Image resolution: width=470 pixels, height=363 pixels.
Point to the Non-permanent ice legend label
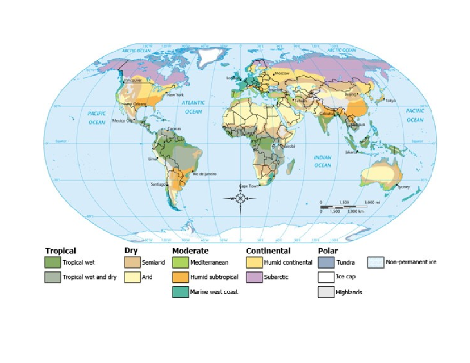[x=411, y=262]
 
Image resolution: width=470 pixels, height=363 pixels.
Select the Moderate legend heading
[x=190, y=251]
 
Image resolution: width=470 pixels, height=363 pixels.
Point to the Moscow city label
[x=282, y=73]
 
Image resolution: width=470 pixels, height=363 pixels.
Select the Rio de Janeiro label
[x=204, y=174]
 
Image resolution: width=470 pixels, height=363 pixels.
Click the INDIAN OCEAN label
[x=323, y=161]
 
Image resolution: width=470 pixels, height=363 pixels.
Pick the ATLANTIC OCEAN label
[x=193, y=107]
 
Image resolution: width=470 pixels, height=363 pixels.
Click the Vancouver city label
[x=132, y=80]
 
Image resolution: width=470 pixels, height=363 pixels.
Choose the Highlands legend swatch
[x=325, y=292]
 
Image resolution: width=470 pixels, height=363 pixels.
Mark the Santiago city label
[x=158, y=184]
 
